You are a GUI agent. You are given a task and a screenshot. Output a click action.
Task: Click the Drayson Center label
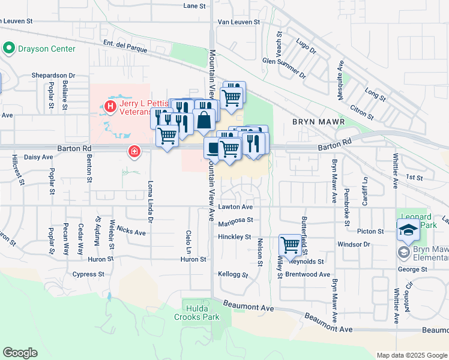coord(46,49)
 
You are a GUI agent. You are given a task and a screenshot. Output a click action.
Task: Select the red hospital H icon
coord(110,107)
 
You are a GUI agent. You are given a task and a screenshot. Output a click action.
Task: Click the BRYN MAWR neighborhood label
coord(319,122)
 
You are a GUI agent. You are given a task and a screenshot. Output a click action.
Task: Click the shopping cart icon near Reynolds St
coord(290,244)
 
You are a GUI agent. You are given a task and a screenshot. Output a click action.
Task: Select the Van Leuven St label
coord(238,22)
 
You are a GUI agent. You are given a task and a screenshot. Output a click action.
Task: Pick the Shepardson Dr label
coord(53,76)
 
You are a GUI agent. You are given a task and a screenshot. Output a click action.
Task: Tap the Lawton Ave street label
coord(235,206)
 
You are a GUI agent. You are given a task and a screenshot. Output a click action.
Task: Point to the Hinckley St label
coord(234,237)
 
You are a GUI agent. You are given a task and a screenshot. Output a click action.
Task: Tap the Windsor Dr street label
coord(354,244)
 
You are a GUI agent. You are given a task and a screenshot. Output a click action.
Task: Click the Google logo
coord(20,353)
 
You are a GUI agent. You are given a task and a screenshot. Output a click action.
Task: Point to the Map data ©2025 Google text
coord(411,355)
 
